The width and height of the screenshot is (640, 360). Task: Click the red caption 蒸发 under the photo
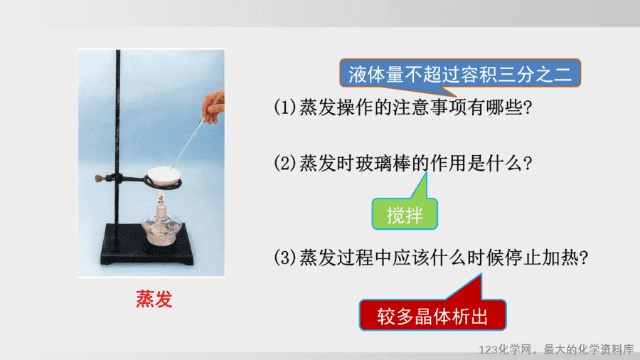pyautogui.click(x=154, y=300)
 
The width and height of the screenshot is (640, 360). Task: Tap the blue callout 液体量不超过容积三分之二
pyautogui.click(x=460, y=74)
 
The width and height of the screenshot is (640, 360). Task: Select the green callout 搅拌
pyautogui.click(x=405, y=214)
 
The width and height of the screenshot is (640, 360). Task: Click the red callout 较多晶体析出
pyautogui.click(x=432, y=315)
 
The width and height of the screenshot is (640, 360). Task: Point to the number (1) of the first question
pyautogui.click(x=285, y=107)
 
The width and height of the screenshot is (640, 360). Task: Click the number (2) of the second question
pyautogui.click(x=285, y=163)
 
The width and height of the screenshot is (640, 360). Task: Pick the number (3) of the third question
pyautogui.click(x=285, y=258)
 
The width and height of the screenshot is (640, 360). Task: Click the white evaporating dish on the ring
pyautogui.click(x=164, y=176)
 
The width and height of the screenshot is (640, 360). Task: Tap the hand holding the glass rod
pyautogui.click(x=213, y=107)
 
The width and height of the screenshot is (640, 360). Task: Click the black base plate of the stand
pyautogui.click(x=147, y=245)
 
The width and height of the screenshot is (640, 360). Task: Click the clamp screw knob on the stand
pyautogui.click(x=98, y=179)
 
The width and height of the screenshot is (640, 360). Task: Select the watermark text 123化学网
pyautogui.click(x=506, y=349)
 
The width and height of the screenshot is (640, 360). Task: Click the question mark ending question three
pyautogui.click(x=584, y=258)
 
